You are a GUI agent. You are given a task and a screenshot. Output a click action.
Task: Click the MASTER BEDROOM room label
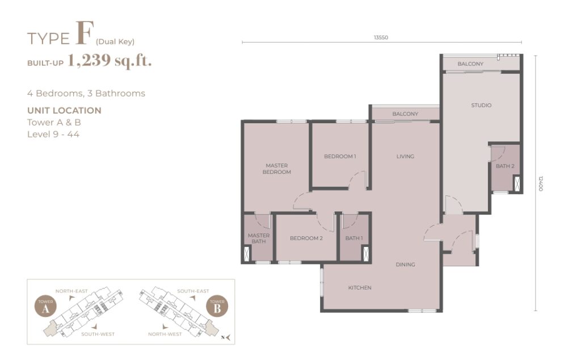click(x=276, y=169)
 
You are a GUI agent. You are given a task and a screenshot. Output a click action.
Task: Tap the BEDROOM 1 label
click(x=340, y=157)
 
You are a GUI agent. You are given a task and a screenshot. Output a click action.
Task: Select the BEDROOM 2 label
click(x=306, y=238)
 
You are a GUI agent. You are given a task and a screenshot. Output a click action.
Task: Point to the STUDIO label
click(x=481, y=105)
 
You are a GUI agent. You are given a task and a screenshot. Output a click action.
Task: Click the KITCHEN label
click(x=359, y=288)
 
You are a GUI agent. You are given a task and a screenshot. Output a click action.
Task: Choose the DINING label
click(x=405, y=265)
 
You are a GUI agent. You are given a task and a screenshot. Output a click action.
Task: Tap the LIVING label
click(x=405, y=157)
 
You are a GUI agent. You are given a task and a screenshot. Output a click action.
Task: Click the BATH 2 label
click(x=505, y=166)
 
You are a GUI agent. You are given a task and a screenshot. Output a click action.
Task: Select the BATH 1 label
click(x=354, y=238)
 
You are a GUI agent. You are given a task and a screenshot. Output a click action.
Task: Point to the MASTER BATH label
click(x=259, y=238)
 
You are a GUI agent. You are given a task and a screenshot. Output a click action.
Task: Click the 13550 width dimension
click(x=381, y=37)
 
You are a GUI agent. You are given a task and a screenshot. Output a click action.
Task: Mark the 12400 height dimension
click(x=540, y=183)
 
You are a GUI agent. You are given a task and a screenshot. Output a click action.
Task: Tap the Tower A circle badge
click(x=45, y=307)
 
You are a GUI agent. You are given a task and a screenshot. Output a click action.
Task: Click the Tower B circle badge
click(x=217, y=306)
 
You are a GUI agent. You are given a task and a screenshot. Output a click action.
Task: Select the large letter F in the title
click(x=84, y=33)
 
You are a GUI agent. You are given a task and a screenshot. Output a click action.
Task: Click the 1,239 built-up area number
click(x=89, y=60)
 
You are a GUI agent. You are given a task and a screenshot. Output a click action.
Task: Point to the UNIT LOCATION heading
click(x=64, y=111)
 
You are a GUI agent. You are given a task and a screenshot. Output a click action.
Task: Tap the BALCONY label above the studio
click(x=470, y=64)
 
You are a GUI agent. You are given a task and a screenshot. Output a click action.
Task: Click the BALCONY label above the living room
click(x=405, y=114)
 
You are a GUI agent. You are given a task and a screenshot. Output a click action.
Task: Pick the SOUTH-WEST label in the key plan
click(x=98, y=334)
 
